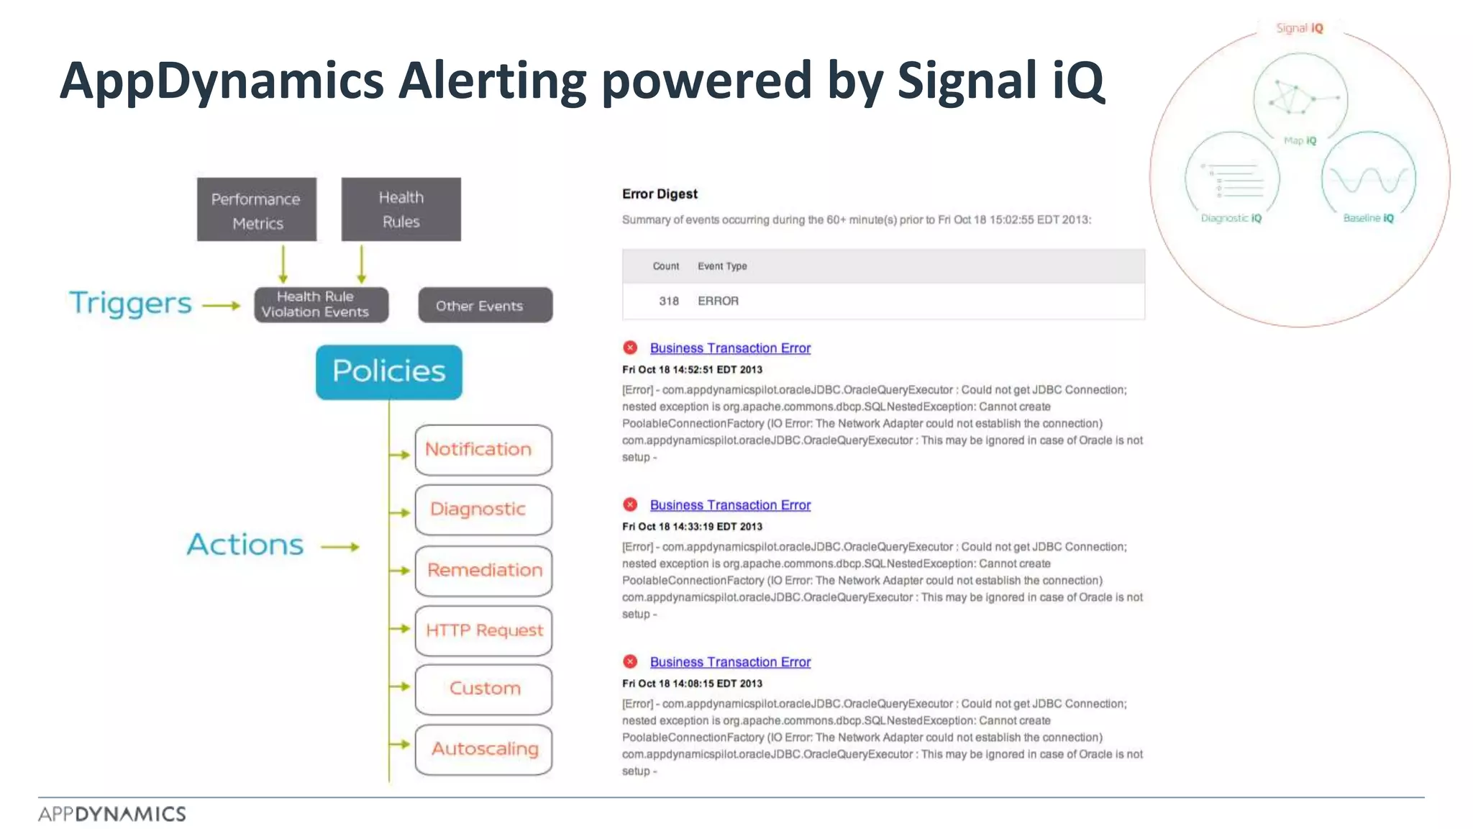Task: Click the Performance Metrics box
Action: click(x=256, y=209)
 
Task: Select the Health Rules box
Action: click(x=401, y=209)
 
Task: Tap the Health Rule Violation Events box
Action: click(x=321, y=304)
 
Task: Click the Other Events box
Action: click(x=485, y=305)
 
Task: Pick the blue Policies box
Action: click(x=388, y=371)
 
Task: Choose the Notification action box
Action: click(x=483, y=450)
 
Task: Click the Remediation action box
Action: click(x=483, y=571)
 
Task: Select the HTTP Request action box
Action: click(x=483, y=630)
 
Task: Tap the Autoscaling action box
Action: click(x=483, y=749)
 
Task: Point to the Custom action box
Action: click(x=483, y=689)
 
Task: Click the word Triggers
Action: click(x=130, y=304)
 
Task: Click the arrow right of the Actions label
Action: click(x=339, y=547)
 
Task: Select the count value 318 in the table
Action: click(x=668, y=301)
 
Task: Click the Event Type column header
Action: click(x=722, y=266)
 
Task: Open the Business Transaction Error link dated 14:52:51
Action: click(x=730, y=348)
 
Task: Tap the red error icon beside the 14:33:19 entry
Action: click(x=630, y=504)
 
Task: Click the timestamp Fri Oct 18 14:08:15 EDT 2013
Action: click(x=692, y=684)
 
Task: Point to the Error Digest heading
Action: click(x=660, y=194)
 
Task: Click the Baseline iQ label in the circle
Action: click(x=1368, y=218)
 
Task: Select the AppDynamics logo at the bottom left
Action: click(x=112, y=814)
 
